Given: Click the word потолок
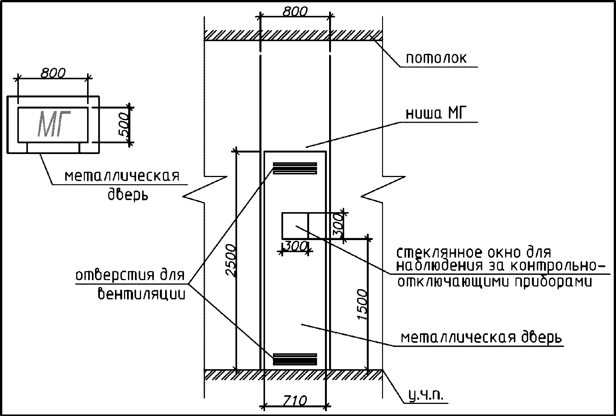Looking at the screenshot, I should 436,59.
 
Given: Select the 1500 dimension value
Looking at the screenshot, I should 362,305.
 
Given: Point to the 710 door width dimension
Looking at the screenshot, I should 295,400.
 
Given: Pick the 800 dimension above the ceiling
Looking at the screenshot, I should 295,12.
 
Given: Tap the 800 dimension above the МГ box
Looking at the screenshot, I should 53,73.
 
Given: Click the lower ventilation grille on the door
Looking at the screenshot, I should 295,359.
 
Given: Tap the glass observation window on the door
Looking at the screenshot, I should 295,225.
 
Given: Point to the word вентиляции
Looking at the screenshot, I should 142,294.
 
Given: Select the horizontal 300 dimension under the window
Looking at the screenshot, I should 296,247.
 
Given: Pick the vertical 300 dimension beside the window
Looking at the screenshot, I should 338,225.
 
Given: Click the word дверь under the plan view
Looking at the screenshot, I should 128,195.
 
